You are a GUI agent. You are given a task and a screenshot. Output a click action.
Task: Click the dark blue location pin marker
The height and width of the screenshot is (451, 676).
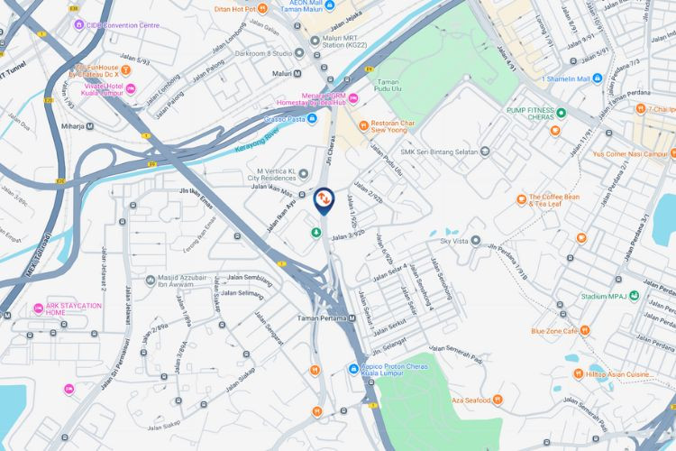click(x=323, y=199)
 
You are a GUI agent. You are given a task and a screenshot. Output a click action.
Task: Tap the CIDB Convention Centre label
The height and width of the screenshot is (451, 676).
click(x=123, y=24)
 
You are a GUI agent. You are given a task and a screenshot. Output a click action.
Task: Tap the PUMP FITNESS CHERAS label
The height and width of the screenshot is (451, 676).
click(x=516, y=113)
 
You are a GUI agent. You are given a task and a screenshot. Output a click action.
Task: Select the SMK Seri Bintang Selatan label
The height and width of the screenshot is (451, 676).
click(x=438, y=152)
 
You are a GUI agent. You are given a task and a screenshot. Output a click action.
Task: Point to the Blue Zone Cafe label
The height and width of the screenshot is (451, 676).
click(x=554, y=331)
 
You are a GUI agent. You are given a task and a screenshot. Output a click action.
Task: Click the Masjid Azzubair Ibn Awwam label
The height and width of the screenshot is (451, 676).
click(x=186, y=285)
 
